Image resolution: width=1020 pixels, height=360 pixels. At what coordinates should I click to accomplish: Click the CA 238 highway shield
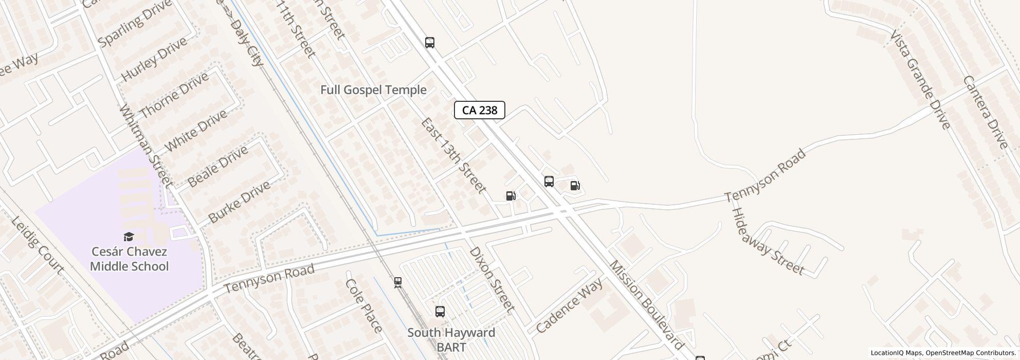pos(479,110)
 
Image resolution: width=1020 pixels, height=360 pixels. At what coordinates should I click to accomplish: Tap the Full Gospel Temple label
pos(373,90)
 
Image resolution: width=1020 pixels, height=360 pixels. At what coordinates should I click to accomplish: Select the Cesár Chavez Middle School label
pos(129,259)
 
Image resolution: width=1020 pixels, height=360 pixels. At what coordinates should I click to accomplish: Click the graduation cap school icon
pos(129,237)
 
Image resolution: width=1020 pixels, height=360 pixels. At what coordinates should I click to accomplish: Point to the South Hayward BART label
pos(451,339)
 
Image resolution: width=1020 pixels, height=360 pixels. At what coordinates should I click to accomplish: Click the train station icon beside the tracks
pos(397,282)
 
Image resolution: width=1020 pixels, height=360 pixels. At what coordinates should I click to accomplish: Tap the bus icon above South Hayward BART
pos(440,312)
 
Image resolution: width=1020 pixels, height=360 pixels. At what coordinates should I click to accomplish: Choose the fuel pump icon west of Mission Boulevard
pos(511,196)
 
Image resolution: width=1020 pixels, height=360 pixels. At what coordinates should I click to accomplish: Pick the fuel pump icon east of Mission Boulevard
pos(575,186)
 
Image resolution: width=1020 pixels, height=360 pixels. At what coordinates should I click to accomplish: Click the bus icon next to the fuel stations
pos(549,182)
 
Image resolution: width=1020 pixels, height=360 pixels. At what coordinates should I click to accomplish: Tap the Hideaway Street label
pos(767,242)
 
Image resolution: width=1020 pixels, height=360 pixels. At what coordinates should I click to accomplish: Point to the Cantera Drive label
pos(985,112)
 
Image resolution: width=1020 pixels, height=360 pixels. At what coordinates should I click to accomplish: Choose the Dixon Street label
pos(491,280)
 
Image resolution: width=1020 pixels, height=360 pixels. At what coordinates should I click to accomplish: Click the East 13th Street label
pos(453,155)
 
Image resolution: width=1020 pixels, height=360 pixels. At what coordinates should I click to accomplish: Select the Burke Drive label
pos(239,202)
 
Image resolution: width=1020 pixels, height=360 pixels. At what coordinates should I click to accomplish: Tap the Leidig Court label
pos(38,245)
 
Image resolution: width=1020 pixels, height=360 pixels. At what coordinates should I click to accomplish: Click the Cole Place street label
pos(363,305)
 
